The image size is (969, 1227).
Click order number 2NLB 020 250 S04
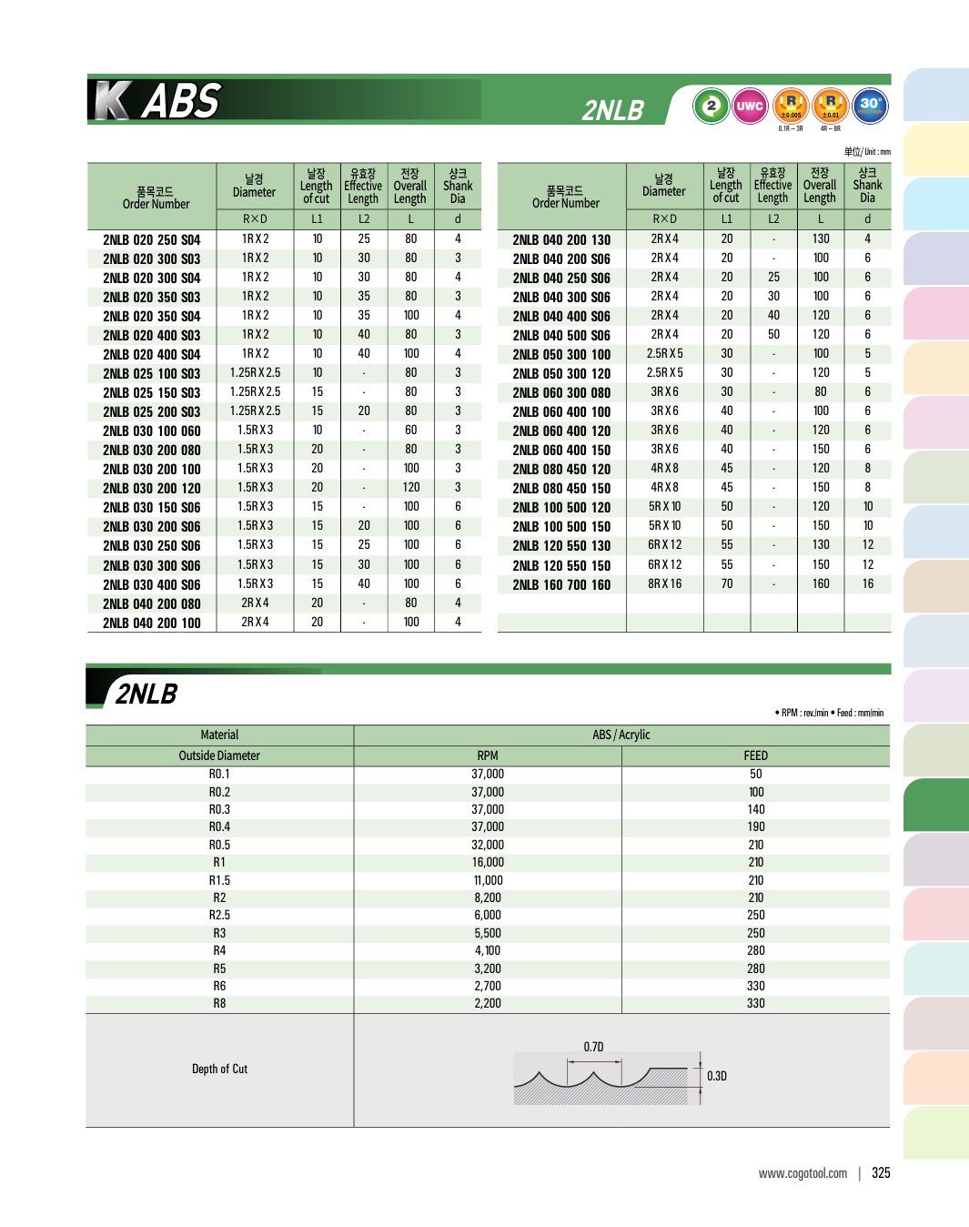coord(151,239)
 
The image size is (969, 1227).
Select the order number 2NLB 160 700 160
coord(561,584)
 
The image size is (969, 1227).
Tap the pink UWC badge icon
coord(750,106)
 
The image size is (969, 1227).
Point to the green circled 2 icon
coord(711,106)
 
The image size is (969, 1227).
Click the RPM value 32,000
coord(488,845)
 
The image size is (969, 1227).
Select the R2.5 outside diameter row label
coord(219,915)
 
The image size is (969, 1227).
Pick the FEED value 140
coord(756,809)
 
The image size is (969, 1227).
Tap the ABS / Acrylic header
coord(621,735)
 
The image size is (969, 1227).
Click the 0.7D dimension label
coord(593,1047)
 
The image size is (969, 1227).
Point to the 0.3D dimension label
coord(717,1076)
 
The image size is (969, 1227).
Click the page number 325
coord(881,1173)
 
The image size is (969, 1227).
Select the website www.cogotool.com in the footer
coord(802,1173)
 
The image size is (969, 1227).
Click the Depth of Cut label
coord(219,1069)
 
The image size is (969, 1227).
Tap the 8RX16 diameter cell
coord(664,583)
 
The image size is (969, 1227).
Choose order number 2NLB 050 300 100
coord(561,354)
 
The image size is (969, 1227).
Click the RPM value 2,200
coord(488,1003)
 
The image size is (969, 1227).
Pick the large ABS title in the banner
coord(181,101)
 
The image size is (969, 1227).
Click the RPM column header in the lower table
coord(488,755)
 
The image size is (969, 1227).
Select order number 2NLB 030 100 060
coord(151,431)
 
